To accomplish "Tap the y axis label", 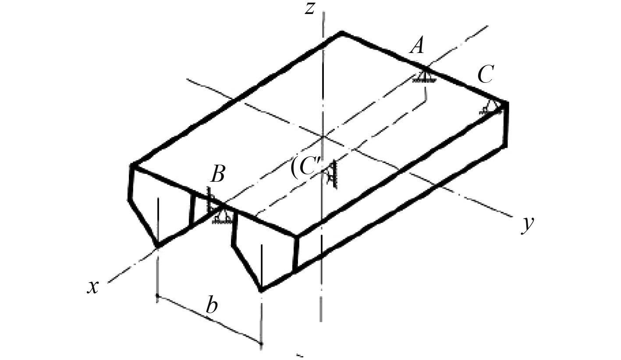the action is (x=528, y=224).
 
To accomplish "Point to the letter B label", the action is (x=217, y=175).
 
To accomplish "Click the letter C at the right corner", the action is (x=485, y=75).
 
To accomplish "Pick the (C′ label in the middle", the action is (x=307, y=169).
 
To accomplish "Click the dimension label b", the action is (x=212, y=306).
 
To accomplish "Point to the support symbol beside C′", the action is (x=332, y=174).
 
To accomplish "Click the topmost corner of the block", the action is (x=342, y=32).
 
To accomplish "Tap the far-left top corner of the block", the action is (x=132, y=165).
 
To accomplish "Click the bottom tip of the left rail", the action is (x=157, y=247).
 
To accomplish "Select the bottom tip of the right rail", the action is (x=261, y=290).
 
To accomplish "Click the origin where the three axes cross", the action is (x=323, y=136).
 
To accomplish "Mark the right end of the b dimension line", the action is (x=262, y=343).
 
